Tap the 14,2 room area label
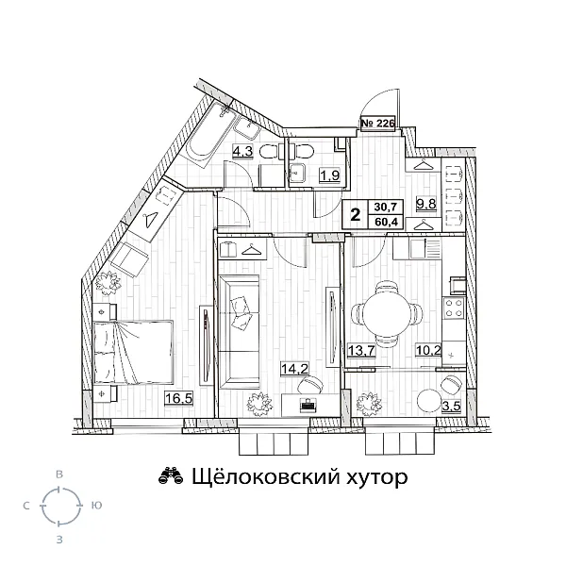[x=294, y=369]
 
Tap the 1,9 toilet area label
[x=329, y=175]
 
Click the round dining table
[x=382, y=312]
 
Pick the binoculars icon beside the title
[x=170, y=477]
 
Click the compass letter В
[x=59, y=471]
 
